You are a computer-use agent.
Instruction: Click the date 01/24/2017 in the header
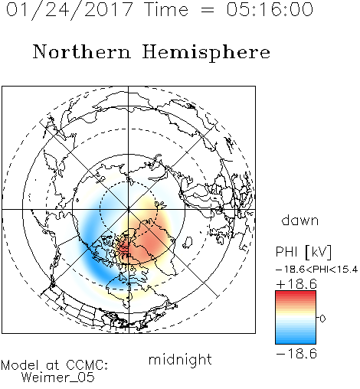pyautogui.click(x=70, y=10)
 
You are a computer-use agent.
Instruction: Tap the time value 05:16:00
pyautogui.click(x=270, y=9)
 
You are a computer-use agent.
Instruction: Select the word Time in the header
pyautogui.click(x=166, y=9)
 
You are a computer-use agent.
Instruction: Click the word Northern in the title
pyautogui.click(x=81, y=51)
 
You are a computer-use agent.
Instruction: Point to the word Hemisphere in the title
pyautogui.click(x=206, y=53)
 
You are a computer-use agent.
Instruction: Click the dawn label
pyautogui.click(x=300, y=220)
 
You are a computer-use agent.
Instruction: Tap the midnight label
pyautogui.click(x=180, y=361)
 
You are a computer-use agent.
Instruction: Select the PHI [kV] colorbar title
pyautogui.click(x=303, y=252)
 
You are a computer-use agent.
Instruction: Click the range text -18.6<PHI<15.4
pyautogui.click(x=317, y=270)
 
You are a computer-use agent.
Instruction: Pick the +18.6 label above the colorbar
pyautogui.click(x=296, y=284)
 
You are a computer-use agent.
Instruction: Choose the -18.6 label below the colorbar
pyautogui.click(x=296, y=354)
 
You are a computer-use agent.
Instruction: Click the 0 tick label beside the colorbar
pyautogui.click(x=322, y=319)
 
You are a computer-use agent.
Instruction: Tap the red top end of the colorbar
pyautogui.click(x=296, y=293)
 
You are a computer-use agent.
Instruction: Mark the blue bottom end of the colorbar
pyautogui.click(x=296, y=341)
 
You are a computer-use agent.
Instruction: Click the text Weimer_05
pyautogui.click(x=58, y=378)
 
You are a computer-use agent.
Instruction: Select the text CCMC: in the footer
pyautogui.click(x=87, y=365)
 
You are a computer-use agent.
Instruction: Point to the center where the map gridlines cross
pyautogui.click(x=129, y=210)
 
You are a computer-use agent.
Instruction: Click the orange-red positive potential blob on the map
pyautogui.click(x=146, y=243)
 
